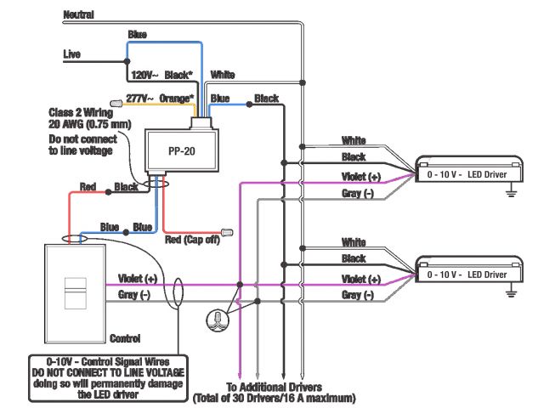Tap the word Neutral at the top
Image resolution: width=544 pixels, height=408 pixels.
(79, 15)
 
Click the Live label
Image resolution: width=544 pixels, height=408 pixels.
(72, 54)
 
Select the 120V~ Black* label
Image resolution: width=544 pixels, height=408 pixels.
(161, 76)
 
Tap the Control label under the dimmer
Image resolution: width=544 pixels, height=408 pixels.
(125, 337)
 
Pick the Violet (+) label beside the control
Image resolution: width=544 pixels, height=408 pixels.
(138, 278)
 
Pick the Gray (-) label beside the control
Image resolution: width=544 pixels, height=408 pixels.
(134, 294)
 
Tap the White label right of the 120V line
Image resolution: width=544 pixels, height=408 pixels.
(223, 75)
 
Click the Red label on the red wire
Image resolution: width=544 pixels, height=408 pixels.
(88, 186)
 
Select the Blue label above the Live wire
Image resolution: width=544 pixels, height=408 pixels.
(137, 35)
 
